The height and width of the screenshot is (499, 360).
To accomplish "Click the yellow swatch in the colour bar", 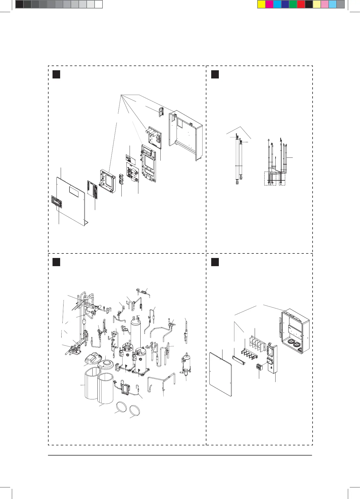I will point(261,4).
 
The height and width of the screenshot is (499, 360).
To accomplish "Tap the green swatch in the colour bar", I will point(293,4).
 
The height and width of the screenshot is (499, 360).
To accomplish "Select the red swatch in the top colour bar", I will point(301,4).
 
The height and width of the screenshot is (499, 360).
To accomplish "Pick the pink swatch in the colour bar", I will point(325,4).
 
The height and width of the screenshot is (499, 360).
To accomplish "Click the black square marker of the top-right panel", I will point(215,74).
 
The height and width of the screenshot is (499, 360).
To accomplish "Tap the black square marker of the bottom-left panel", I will point(56,262).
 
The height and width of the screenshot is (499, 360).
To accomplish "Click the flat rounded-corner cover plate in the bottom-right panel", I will point(221,374).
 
